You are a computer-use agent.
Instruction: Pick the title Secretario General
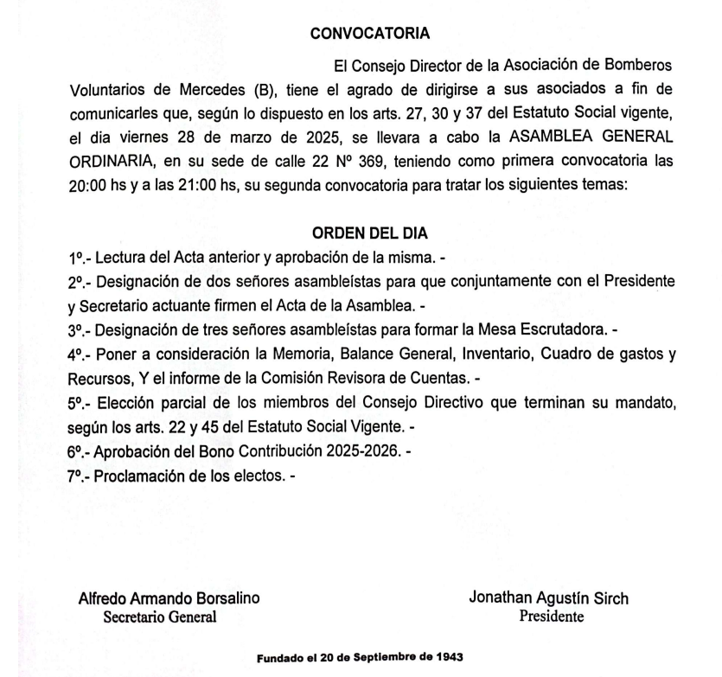coord(160,616)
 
